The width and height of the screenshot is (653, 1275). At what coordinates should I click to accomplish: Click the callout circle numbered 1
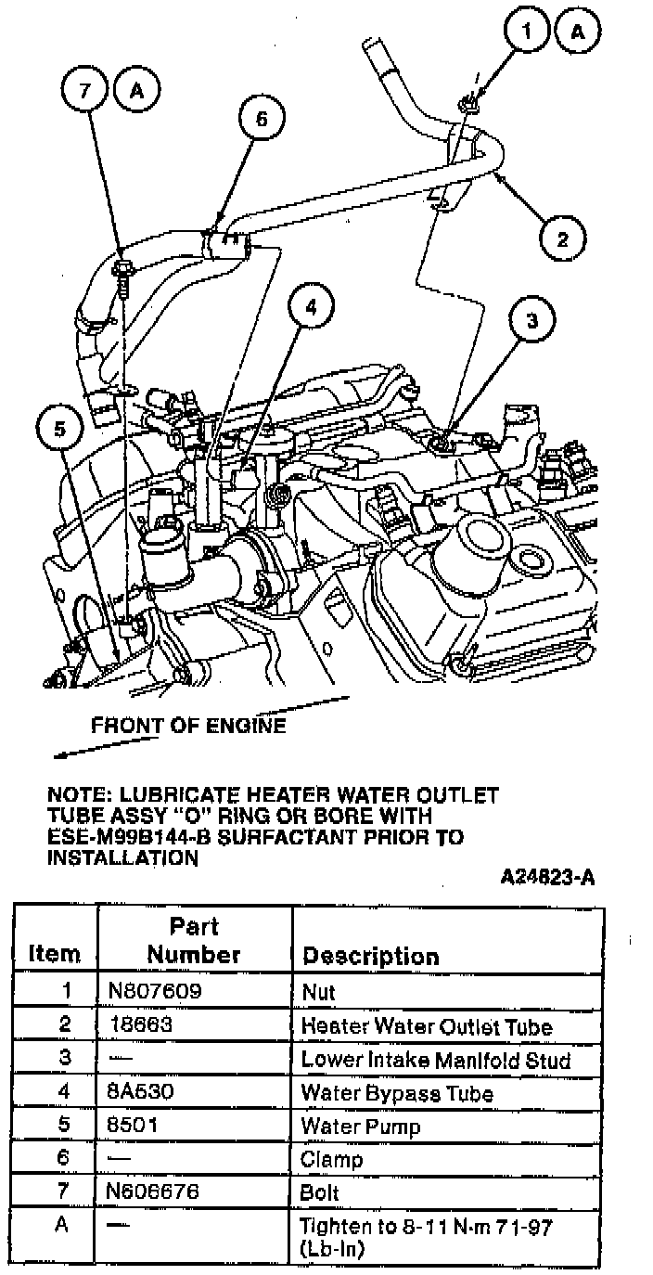tap(529, 32)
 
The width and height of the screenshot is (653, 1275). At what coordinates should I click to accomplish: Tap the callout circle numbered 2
tap(562, 239)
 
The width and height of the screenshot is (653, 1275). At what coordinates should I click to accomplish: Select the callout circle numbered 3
tap(531, 321)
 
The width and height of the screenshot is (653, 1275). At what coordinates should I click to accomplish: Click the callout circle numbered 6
tap(261, 118)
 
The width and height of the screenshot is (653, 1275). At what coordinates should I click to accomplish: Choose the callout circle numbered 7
tap(86, 92)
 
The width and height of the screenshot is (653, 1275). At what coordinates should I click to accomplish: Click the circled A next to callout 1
tap(578, 32)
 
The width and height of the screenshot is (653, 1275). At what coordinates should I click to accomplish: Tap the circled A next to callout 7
tap(136, 92)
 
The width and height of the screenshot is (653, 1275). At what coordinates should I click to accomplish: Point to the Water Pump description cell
tap(361, 1127)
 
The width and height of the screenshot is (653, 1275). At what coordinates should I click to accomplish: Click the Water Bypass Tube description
tap(396, 1093)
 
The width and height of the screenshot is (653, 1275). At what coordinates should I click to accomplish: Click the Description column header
tap(371, 956)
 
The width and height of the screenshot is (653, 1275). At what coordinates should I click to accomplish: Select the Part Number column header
tap(194, 940)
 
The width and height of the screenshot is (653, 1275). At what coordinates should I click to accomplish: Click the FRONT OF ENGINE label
tap(188, 726)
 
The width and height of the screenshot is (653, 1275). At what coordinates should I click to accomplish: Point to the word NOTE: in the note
tap(77, 795)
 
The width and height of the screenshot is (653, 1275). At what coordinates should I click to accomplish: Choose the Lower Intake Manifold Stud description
tap(435, 1060)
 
